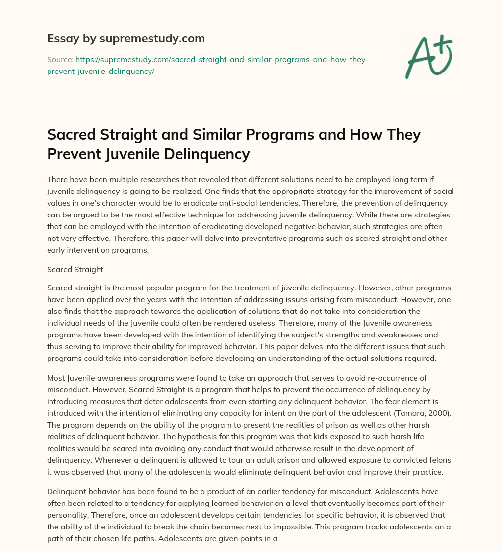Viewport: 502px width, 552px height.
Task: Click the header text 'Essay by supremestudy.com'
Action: tap(125, 38)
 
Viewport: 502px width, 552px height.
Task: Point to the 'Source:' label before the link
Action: tap(60, 59)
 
